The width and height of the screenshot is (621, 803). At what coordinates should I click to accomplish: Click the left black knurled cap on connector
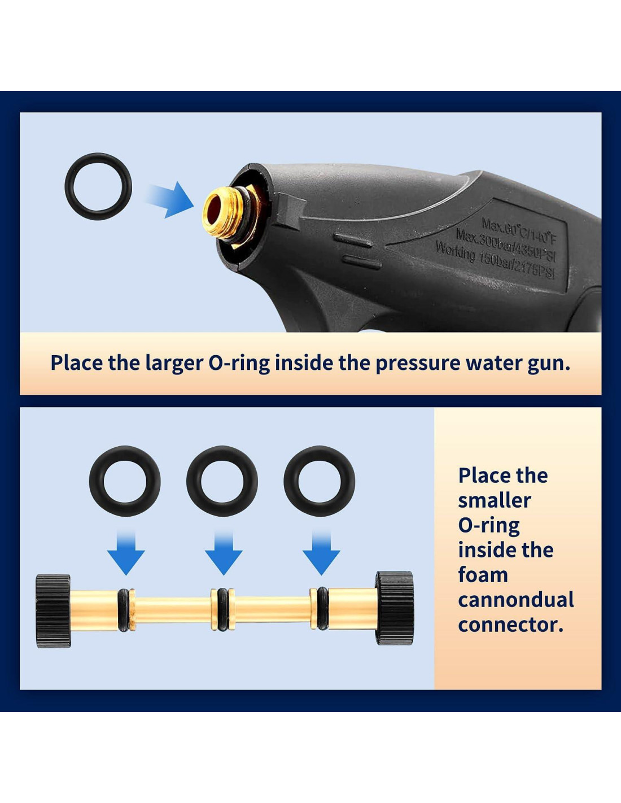(54, 610)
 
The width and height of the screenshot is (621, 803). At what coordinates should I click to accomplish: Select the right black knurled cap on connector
(395, 608)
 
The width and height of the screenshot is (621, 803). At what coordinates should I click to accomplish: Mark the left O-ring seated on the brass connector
(123, 609)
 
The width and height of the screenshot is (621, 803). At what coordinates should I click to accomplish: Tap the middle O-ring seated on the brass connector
(222, 609)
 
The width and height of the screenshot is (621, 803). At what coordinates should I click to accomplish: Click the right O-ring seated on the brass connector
(322, 608)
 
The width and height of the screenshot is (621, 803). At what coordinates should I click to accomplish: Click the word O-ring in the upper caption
(239, 363)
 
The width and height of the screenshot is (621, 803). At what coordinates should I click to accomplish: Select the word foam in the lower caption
(483, 575)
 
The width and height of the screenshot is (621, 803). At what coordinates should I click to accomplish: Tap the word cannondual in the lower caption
(516, 600)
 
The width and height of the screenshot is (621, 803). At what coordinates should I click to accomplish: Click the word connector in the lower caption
(510, 625)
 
